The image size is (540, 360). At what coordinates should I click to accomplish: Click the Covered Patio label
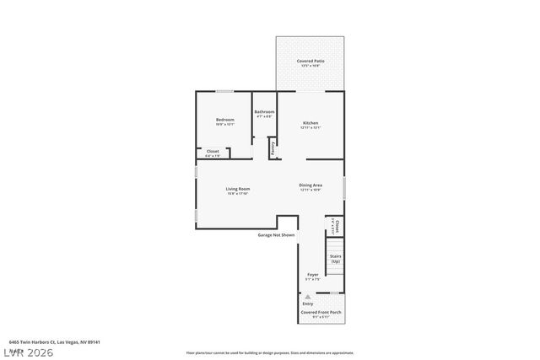[x=310, y=62]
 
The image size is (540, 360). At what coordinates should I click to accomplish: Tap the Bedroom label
[x=224, y=120]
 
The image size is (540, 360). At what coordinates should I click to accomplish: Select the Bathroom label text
[x=264, y=111]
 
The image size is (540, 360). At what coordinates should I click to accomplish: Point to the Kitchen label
[x=310, y=123]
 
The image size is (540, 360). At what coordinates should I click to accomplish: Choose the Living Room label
[x=237, y=189]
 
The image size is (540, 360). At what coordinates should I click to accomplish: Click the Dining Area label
[x=310, y=185]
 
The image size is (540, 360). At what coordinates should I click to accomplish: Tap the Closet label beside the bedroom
[x=213, y=152]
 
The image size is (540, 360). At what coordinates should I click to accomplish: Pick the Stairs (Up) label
[x=335, y=259]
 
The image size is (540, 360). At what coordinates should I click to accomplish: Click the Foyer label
[x=312, y=275]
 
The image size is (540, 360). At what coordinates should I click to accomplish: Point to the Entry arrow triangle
[x=308, y=297]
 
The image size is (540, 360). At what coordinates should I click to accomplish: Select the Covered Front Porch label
[x=321, y=312]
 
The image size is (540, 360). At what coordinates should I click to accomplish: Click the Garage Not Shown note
[x=276, y=235]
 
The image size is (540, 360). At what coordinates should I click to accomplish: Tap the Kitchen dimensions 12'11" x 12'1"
[x=310, y=128]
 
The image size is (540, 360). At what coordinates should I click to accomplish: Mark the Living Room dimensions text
[x=237, y=194]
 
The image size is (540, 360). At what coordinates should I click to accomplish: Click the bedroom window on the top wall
[x=224, y=91]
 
